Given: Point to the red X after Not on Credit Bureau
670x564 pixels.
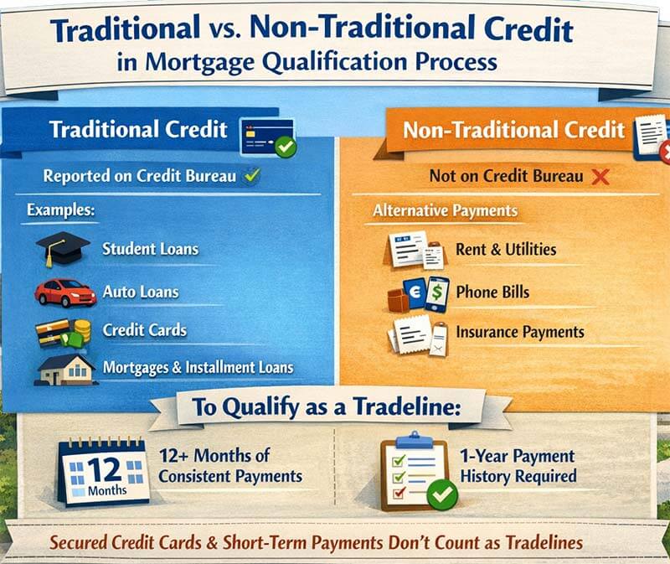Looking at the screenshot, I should (x=600, y=177).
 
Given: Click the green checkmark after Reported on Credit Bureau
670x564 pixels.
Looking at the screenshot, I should (x=251, y=176).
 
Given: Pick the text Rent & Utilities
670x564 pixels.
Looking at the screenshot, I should (x=505, y=249).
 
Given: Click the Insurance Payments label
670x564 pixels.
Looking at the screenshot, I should (x=519, y=332).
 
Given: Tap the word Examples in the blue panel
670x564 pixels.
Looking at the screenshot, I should (x=61, y=210).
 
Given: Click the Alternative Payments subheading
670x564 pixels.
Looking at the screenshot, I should (x=445, y=210).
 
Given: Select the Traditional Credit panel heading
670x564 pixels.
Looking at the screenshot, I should (x=138, y=130).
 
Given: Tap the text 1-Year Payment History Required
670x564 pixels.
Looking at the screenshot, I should (x=517, y=466).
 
